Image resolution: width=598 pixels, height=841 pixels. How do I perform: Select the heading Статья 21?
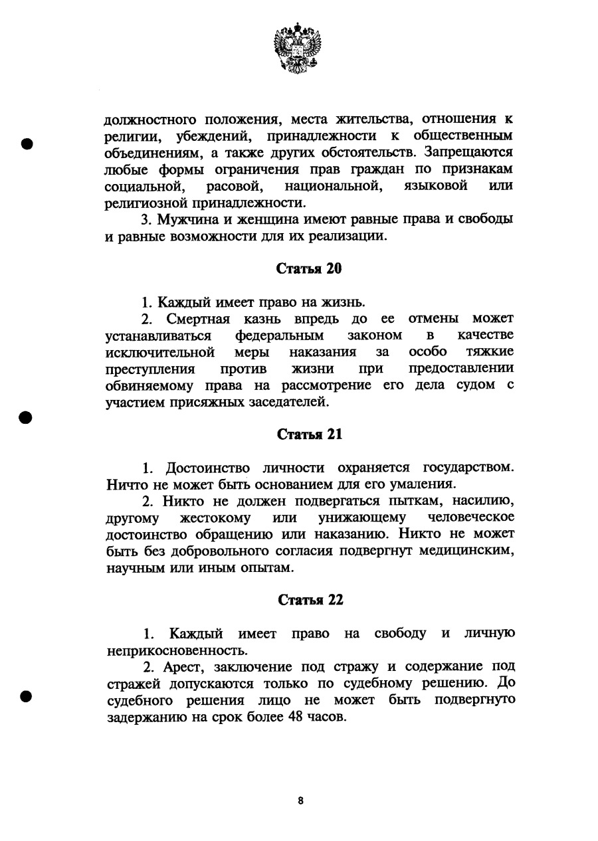pyautogui.click(x=309, y=434)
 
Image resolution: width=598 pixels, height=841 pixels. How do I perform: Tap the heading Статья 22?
pyautogui.click(x=310, y=600)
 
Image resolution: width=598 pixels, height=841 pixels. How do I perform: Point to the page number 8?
pyautogui.click(x=300, y=800)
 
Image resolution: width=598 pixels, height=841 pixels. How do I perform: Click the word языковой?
pyautogui.click(x=436, y=185)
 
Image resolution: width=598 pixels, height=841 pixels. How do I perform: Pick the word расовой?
pyautogui.click(x=237, y=185)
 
